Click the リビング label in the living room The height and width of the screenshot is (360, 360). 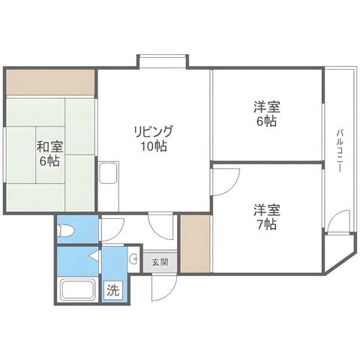tap(154, 131)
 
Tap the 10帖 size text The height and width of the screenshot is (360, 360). tap(154, 146)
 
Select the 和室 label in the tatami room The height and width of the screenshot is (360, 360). tap(50, 147)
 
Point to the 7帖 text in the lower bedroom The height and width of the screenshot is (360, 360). tap(267, 224)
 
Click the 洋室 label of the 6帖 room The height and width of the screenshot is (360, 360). tap(267, 107)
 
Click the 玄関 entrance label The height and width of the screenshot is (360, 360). tap(160, 262)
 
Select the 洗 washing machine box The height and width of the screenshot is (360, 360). tap(113, 290)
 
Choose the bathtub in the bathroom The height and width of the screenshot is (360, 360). tap(78, 289)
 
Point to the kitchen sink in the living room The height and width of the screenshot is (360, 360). tap(109, 173)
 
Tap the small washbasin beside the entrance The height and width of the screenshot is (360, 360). tap(133, 259)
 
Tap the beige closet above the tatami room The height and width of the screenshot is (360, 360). tap(50, 82)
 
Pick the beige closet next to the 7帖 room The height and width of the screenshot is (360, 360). tap(195, 243)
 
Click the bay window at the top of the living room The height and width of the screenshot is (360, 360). tap(163, 61)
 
